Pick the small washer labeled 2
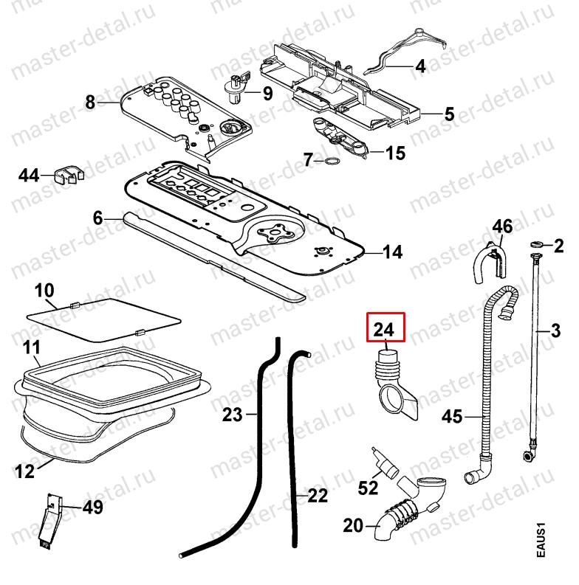pyautogui.click(x=537, y=244)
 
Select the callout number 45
pyautogui.click(x=452, y=418)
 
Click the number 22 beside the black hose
pyautogui.click(x=317, y=496)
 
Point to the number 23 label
pyautogui.click(x=233, y=415)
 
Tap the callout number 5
pyautogui.click(x=450, y=115)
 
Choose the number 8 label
pyautogui.click(x=91, y=103)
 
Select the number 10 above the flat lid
pyautogui.click(x=44, y=288)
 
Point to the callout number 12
pyautogui.click(x=25, y=470)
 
